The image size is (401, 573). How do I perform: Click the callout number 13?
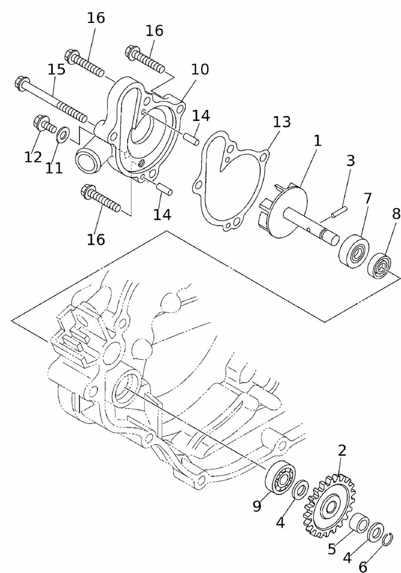tap(281, 121)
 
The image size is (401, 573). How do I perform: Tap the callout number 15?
tap(57, 70)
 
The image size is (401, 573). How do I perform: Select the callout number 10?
tap(200, 70)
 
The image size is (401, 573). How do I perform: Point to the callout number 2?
tap(342, 450)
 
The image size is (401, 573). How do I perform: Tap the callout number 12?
tap(33, 156)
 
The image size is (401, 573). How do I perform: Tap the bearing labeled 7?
tap(353, 250)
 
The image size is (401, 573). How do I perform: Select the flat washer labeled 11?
tap(64, 135)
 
